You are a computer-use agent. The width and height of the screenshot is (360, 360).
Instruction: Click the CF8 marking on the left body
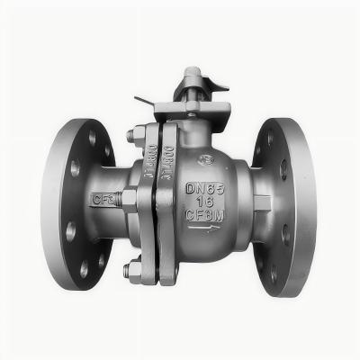pyautogui.click(x=103, y=197)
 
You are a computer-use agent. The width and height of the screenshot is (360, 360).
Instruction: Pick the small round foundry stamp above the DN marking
pyautogui.click(x=207, y=162)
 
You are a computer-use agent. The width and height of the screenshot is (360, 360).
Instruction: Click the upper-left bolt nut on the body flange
pyautogui.click(x=131, y=136)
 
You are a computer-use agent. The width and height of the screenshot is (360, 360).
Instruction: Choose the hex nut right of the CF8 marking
pyautogui.click(x=128, y=198)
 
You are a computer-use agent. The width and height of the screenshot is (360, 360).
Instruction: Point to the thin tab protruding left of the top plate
pyautogui.click(x=144, y=102)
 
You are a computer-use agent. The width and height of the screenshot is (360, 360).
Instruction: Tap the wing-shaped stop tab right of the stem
pyautogui.click(x=217, y=86)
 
